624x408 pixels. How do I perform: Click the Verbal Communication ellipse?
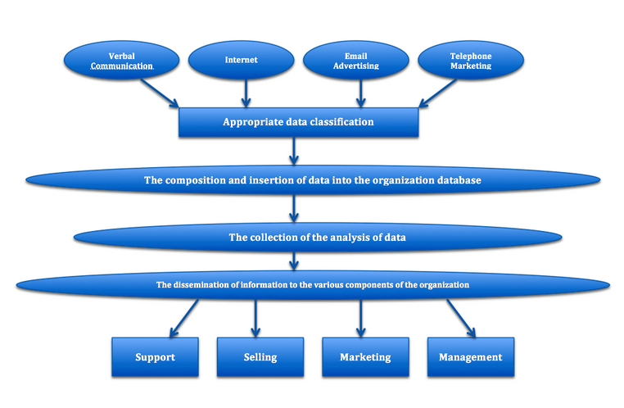click(x=121, y=61)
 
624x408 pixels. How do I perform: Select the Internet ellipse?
click(x=241, y=60)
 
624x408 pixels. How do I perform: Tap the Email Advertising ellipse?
click(x=356, y=61)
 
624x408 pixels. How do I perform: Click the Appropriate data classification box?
click(x=299, y=122)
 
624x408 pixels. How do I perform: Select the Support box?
click(x=155, y=357)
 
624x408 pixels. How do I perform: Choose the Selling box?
click(x=260, y=357)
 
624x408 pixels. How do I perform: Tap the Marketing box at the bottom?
click(x=365, y=357)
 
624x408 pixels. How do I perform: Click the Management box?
click(x=471, y=357)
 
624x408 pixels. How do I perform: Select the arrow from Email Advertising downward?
click(x=359, y=93)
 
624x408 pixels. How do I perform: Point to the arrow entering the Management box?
click(x=461, y=316)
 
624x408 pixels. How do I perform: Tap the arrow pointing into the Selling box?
click(x=255, y=316)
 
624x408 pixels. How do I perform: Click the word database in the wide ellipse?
click(x=454, y=180)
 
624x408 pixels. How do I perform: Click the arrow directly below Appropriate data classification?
click(x=293, y=152)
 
